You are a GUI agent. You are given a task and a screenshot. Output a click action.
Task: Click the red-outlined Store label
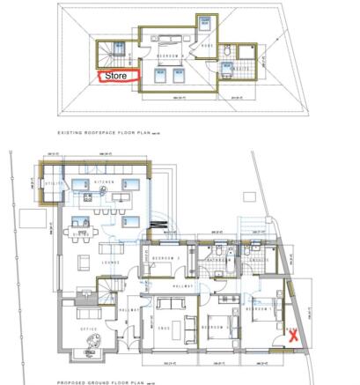[x=116, y=77]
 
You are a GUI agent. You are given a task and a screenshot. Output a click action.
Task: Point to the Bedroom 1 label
[x=260, y=309]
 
